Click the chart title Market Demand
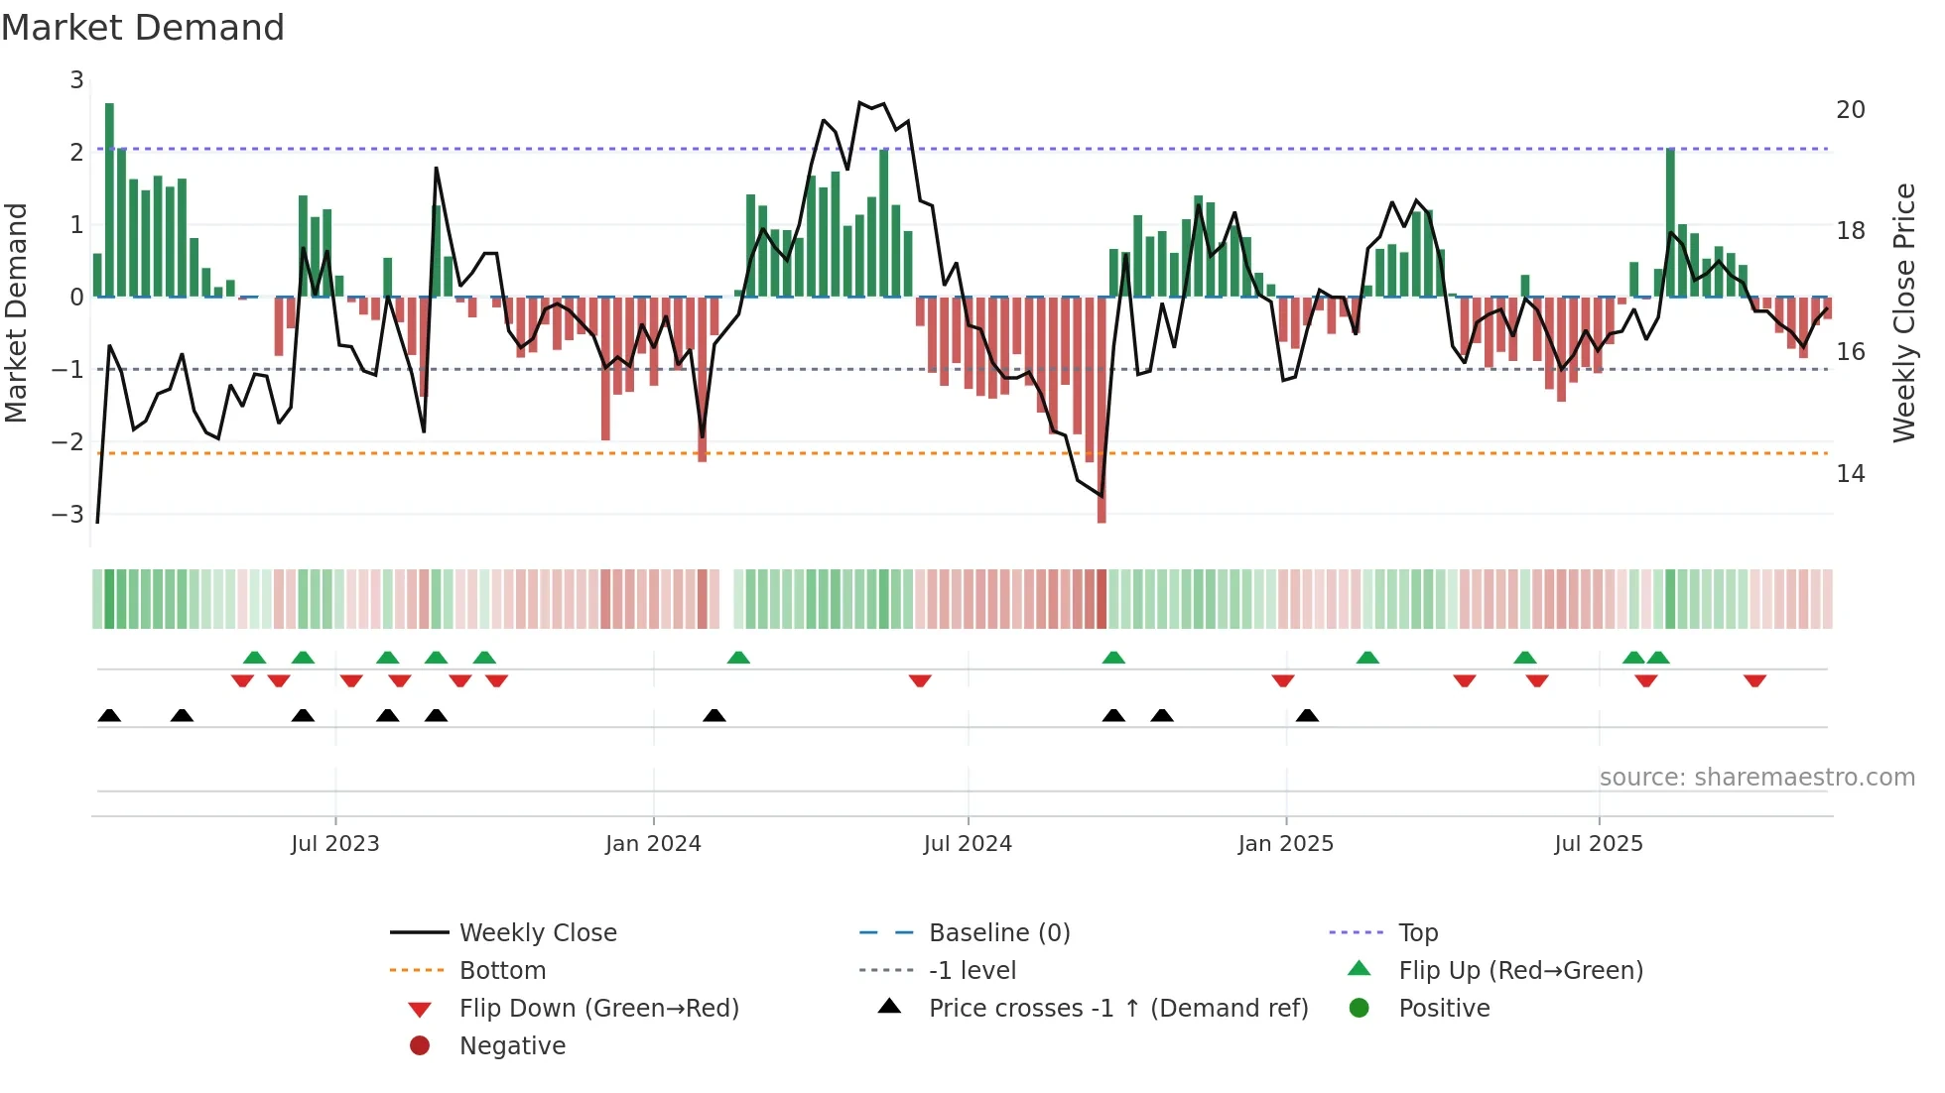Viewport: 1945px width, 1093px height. click(x=143, y=28)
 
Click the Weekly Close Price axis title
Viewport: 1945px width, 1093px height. click(x=1903, y=312)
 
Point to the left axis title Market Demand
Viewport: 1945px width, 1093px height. click(x=16, y=312)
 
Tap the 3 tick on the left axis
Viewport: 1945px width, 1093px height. click(x=76, y=79)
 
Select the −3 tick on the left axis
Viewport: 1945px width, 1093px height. click(x=68, y=514)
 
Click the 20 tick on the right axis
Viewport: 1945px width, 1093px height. click(x=1850, y=110)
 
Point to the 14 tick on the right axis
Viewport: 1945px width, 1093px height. click(x=1850, y=474)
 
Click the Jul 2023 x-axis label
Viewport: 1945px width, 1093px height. click(x=335, y=844)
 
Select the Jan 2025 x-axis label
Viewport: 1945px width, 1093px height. click(x=1285, y=844)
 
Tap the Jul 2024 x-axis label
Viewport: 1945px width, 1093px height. click(x=968, y=844)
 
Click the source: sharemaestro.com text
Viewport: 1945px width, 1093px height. click(x=1756, y=777)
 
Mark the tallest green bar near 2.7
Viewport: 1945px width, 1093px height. click(x=109, y=198)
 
